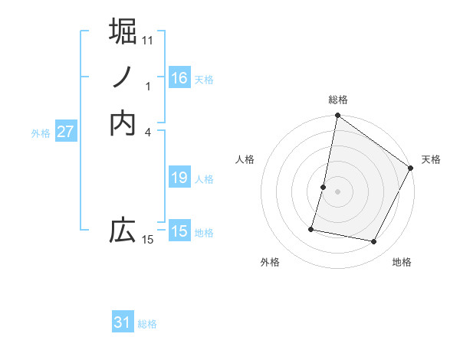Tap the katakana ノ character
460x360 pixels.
(x=123, y=77)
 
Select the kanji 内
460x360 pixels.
(x=123, y=123)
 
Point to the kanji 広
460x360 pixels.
(x=123, y=231)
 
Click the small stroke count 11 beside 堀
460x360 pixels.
(x=148, y=39)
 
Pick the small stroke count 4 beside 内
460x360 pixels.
(x=148, y=131)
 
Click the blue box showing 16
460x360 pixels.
(x=179, y=78)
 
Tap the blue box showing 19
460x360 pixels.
(x=179, y=178)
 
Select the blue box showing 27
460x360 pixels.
(x=66, y=132)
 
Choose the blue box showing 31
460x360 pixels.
(x=123, y=322)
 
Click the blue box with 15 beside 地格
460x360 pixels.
(x=179, y=231)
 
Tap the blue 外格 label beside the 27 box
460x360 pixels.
(x=41, y=133)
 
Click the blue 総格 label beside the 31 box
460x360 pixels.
(x=147, y=324)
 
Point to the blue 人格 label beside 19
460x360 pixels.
(x=204, y=179)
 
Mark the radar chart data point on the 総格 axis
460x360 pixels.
(x=337, y=116)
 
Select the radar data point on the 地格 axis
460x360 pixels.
(x=374, y=242)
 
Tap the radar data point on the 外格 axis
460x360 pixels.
(x=311, y=228)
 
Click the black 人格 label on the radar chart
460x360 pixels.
(x=245, y=159)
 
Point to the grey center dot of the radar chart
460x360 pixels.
(x=337, y=191)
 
